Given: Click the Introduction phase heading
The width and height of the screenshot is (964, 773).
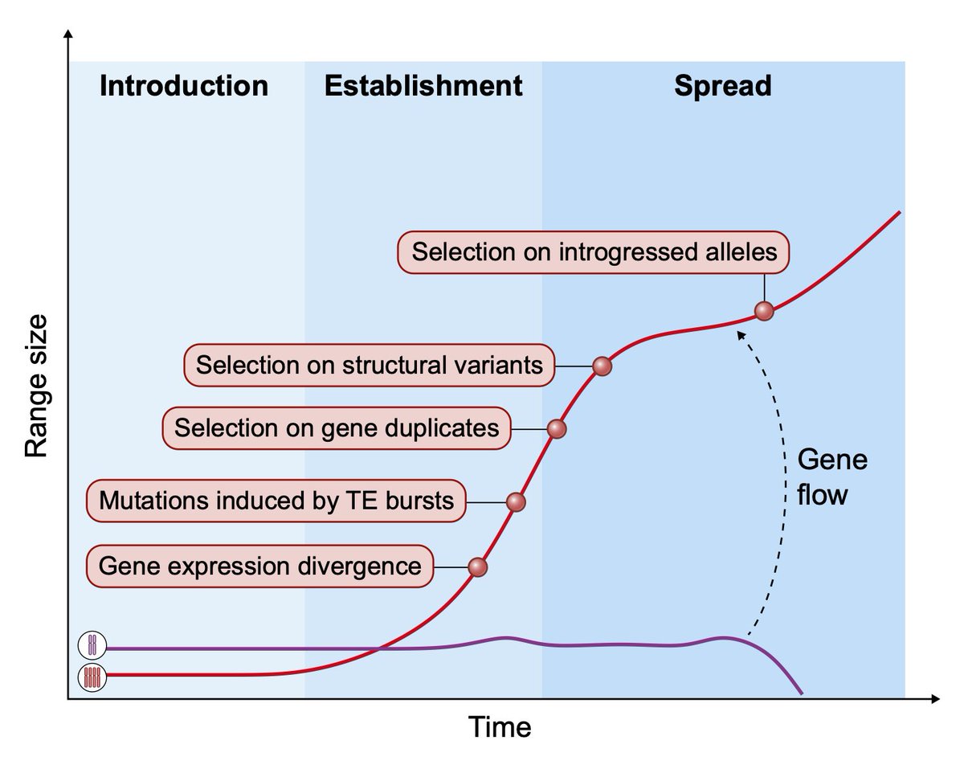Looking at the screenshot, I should click(x=183, y=85).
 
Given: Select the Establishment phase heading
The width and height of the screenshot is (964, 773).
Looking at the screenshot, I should click(x=423, y=85).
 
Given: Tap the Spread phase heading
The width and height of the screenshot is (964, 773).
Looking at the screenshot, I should click(x=722, y=85).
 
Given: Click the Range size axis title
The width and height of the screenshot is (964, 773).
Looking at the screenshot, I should click(x=37, y=386).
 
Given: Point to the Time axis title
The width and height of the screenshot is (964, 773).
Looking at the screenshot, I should click(x=500, y=727).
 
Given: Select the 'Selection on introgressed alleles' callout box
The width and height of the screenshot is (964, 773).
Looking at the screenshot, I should click(x=594, y=252).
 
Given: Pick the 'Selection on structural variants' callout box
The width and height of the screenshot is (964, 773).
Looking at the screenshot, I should click(x=369, y=366).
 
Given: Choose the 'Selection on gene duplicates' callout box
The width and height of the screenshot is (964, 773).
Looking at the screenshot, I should click(x=336, y=427).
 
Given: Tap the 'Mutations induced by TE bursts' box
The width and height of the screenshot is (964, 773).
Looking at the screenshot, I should click(x=276, y=501).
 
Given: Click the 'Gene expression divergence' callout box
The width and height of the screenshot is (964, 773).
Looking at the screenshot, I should click(x=259, y=566).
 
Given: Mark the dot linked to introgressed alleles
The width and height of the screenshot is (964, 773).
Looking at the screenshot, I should click(x=764, y=311).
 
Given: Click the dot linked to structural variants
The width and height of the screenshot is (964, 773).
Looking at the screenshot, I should click(x=602, y=366).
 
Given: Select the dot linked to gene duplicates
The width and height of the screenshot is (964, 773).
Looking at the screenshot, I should click(x=557, y=428).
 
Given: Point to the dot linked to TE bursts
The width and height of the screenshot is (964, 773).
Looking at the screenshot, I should click(x=516, y=502).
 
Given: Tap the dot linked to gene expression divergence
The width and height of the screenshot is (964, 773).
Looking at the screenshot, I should click(x=478, y=566).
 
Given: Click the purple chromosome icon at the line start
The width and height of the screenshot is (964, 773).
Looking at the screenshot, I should click(x=92, y=646).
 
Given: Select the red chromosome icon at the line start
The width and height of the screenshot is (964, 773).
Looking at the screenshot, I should click(x=92, y=677).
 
